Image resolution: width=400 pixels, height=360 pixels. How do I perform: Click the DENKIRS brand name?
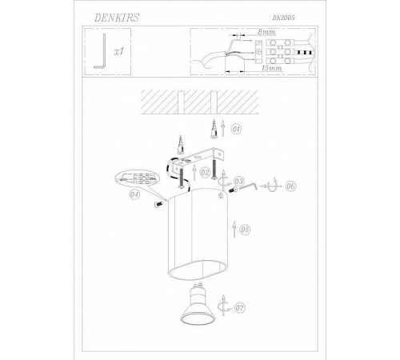(117, 18)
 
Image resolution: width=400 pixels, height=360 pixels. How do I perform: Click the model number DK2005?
(283, 18)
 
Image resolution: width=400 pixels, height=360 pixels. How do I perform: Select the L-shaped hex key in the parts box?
(100, 51)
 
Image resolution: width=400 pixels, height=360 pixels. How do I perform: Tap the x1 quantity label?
(119, 51)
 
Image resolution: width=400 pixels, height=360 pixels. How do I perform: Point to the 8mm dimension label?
(266, 32)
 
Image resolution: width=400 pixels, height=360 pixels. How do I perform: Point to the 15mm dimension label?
(271, 68)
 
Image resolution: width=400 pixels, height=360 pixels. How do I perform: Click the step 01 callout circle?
(236, 130)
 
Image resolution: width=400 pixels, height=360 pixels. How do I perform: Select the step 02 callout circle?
(205, 173)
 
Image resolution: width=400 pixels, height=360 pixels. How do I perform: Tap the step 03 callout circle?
(238, 182)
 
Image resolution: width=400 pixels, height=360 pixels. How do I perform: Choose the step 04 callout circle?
(134, 194)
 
